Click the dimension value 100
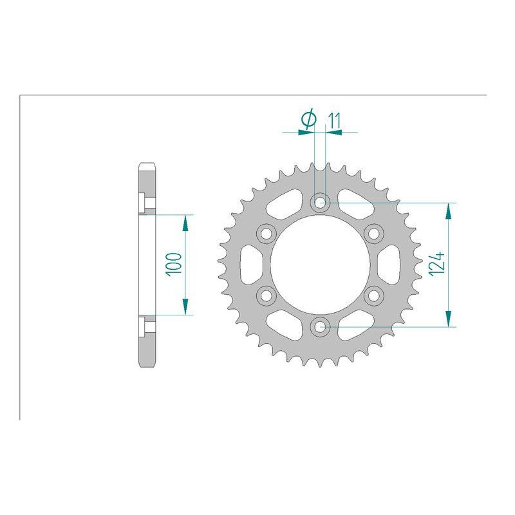tap(173, 264)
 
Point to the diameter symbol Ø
tap(308, 119)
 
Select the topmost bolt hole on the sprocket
tap(320, 203)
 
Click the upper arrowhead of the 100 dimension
tap(185, 222)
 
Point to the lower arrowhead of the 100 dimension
tap(185, 307)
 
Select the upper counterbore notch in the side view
tap(145, 202)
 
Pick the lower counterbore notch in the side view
tap(145, 326)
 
